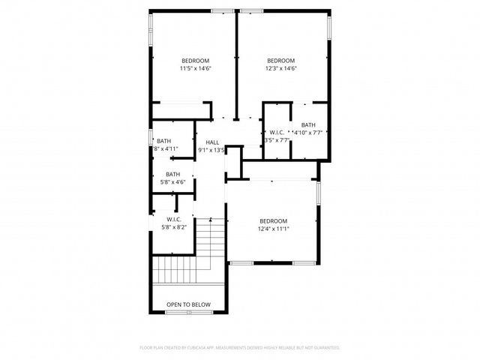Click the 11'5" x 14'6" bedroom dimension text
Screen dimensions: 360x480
click(x=195, y=68)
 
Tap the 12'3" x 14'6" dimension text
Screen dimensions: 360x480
click(x=281, y=68)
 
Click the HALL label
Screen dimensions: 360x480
click(x=212, y=142)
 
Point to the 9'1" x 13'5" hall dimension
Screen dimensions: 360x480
click(x=211, y=150)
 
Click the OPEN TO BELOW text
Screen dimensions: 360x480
click(x=188, y=304)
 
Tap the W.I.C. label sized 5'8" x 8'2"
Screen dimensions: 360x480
click(x=175, y=220)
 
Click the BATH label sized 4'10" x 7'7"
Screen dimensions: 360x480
click(x=308, y=125)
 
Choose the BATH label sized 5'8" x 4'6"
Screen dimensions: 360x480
click(x=173, y=174)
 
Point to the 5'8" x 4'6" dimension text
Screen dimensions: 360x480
click(x=173, y=181)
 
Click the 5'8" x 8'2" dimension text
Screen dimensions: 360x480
click(x=175, y=227)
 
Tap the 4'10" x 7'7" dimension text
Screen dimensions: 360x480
click(x=308, y=133)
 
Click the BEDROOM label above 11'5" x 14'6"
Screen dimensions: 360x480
click(x=195, y=61)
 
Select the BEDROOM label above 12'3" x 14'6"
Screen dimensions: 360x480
click(x=281, y=61)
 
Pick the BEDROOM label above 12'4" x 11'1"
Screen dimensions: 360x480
click(x=274, y=220)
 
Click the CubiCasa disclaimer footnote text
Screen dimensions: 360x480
click(x=240, y=348)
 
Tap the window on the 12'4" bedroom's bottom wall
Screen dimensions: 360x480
click(x=273, y=262)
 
